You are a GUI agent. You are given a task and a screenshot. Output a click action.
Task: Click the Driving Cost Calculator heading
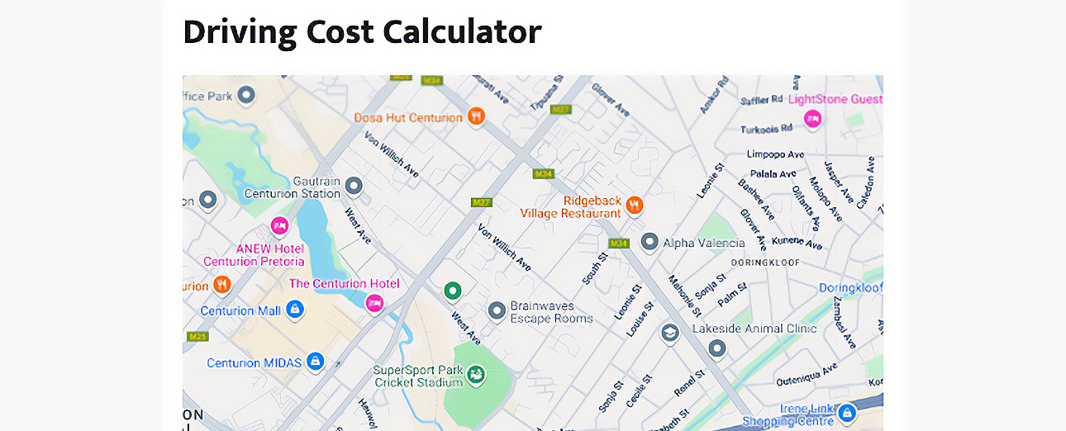(x=362, y=32)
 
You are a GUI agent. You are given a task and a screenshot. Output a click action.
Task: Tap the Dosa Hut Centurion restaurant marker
(x=475, y=116)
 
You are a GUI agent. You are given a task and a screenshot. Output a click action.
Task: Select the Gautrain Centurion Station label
(x=293, y=187)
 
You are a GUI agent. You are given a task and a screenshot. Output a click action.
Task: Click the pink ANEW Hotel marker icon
(x=279, y=225)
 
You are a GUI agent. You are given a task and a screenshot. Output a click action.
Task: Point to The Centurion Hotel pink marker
(x=374, y=302)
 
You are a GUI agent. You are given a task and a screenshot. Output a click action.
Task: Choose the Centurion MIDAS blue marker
(x=314, y=362)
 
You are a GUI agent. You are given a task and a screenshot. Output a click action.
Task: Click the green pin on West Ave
(x=451, y=291)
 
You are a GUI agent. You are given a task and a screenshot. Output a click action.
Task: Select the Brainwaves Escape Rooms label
(x=551, y=311)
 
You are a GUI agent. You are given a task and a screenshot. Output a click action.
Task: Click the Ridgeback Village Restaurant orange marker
(x=634, y=204)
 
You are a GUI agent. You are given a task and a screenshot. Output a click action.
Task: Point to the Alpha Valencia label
(x=704, y=243)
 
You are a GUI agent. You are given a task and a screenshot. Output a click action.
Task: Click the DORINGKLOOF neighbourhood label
(x=765, y=263)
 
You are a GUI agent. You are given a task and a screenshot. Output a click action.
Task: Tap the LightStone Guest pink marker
(x=812, y=118)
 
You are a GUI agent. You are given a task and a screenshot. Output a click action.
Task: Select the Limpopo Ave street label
(x=775, y=154)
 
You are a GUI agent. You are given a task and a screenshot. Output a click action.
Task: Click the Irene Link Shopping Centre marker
(x=845, y=411)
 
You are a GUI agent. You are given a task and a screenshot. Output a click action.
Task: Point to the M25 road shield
(x=197, y=336)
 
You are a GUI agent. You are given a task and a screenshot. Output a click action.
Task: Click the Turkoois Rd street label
(x=766, y=129)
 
